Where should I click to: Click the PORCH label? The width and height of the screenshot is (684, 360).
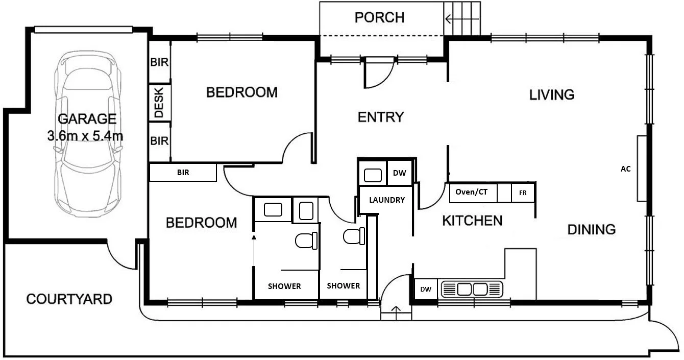[x=379, y=18]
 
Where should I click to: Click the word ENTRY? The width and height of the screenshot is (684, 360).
[x=381, y=117]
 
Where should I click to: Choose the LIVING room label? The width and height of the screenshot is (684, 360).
[x=552, y=95]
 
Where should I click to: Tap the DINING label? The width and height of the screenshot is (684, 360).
[x=591, y=230]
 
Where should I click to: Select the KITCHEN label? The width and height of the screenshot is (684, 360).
[x=472, y=221]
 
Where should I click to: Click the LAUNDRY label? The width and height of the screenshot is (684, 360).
[x=387, y=200]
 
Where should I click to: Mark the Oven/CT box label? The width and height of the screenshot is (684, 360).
[x=472, y=193]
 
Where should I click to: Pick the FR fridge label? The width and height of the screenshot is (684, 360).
[x=523, y=193]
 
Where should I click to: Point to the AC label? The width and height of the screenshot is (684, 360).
[x=625, y=169]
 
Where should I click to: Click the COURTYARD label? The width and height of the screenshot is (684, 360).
[x=69, y=299]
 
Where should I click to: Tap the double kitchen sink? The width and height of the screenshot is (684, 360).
[x=472, y=290]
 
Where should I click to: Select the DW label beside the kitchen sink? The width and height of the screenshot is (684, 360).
[x=425, y=290]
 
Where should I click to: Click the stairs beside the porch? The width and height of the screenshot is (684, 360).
[x=463, y=19]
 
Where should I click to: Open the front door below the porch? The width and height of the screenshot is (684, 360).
[x=378, y=73]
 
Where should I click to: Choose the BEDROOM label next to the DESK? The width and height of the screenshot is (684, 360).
[x=241, y=92]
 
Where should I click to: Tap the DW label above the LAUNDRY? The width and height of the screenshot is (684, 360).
[x=399, y=173]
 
